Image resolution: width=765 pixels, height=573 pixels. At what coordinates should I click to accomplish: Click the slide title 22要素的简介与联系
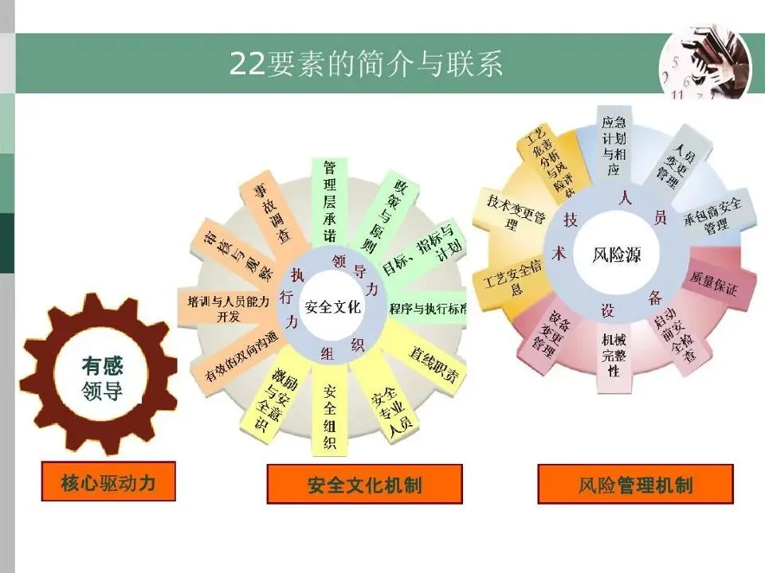(x=366, y=64)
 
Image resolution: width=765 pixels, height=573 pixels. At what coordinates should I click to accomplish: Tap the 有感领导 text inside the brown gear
(x=103, y=379)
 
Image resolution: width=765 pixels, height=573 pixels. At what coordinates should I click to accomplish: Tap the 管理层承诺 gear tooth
(x=329, y=201)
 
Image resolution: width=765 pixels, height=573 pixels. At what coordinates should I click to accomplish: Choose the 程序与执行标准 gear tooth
(x=427, y=308)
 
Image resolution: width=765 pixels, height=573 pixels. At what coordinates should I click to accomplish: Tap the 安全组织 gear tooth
(x=330, y=417)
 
